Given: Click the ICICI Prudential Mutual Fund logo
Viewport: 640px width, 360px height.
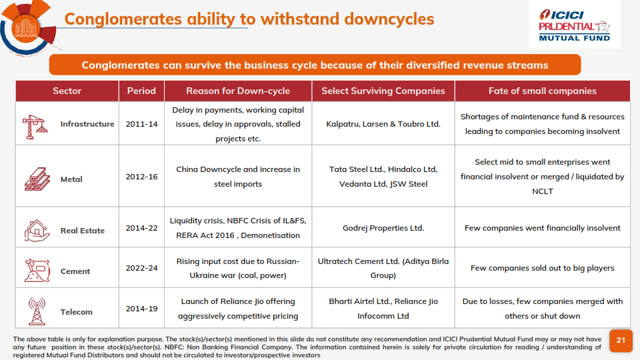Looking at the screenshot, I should click(x=575, y=25).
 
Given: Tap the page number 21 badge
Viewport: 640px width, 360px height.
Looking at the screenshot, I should click(x=621, y=341).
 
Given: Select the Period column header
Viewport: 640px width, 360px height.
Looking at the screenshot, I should click(x=141, y=91).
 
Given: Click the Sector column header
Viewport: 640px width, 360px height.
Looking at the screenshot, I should click(x=67, y=91).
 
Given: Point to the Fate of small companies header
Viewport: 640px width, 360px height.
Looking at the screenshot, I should click(x=542, y=91).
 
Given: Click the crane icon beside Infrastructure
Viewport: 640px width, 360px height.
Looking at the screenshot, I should click(x=35, y=125).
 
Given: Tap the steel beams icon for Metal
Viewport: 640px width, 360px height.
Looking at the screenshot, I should click(x=36, y=179).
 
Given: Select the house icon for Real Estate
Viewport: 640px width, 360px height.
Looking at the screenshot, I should click(x=36, y=229).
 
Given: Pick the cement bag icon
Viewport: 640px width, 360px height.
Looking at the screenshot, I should click(x=37, y=270).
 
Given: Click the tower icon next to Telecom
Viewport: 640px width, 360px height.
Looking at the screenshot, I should click(x=37, y=311).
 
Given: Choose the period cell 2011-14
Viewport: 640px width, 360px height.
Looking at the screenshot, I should click(x=141, y=124).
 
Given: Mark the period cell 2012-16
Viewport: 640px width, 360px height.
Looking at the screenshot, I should click(x=141, y=177).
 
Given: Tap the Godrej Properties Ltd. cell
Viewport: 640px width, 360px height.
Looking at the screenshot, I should click(x=383, y=228).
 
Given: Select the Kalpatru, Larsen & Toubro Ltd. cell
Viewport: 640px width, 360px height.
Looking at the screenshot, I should click(x=383, y=124).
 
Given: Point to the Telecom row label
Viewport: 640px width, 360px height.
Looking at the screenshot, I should click(x=76, y=312).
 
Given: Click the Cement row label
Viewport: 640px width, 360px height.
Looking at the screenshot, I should click(x=75, y=271).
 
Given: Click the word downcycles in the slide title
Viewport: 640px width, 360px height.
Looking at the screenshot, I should click(x=381, y=19).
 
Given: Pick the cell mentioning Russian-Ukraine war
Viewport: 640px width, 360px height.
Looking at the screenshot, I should click(x=238, y=268).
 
